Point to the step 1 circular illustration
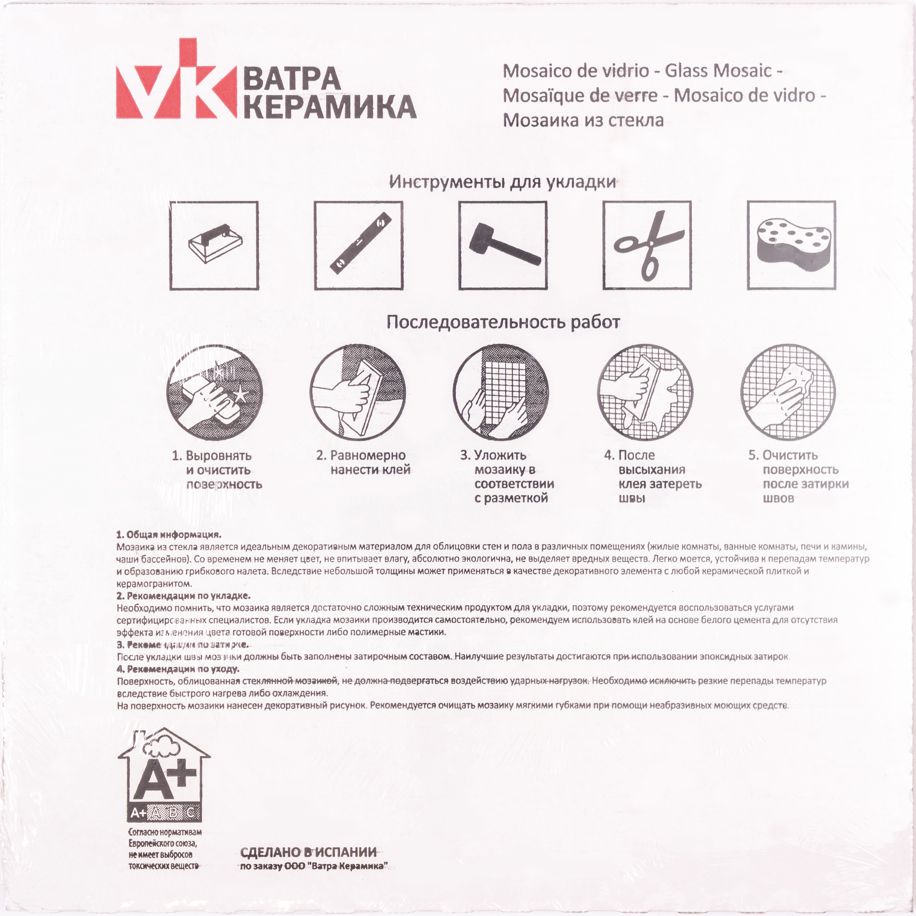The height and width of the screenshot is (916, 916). tap(214, 393)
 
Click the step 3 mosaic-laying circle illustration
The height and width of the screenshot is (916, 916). tap(501, 393)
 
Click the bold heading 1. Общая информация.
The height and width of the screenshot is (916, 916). tap(169, 535)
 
